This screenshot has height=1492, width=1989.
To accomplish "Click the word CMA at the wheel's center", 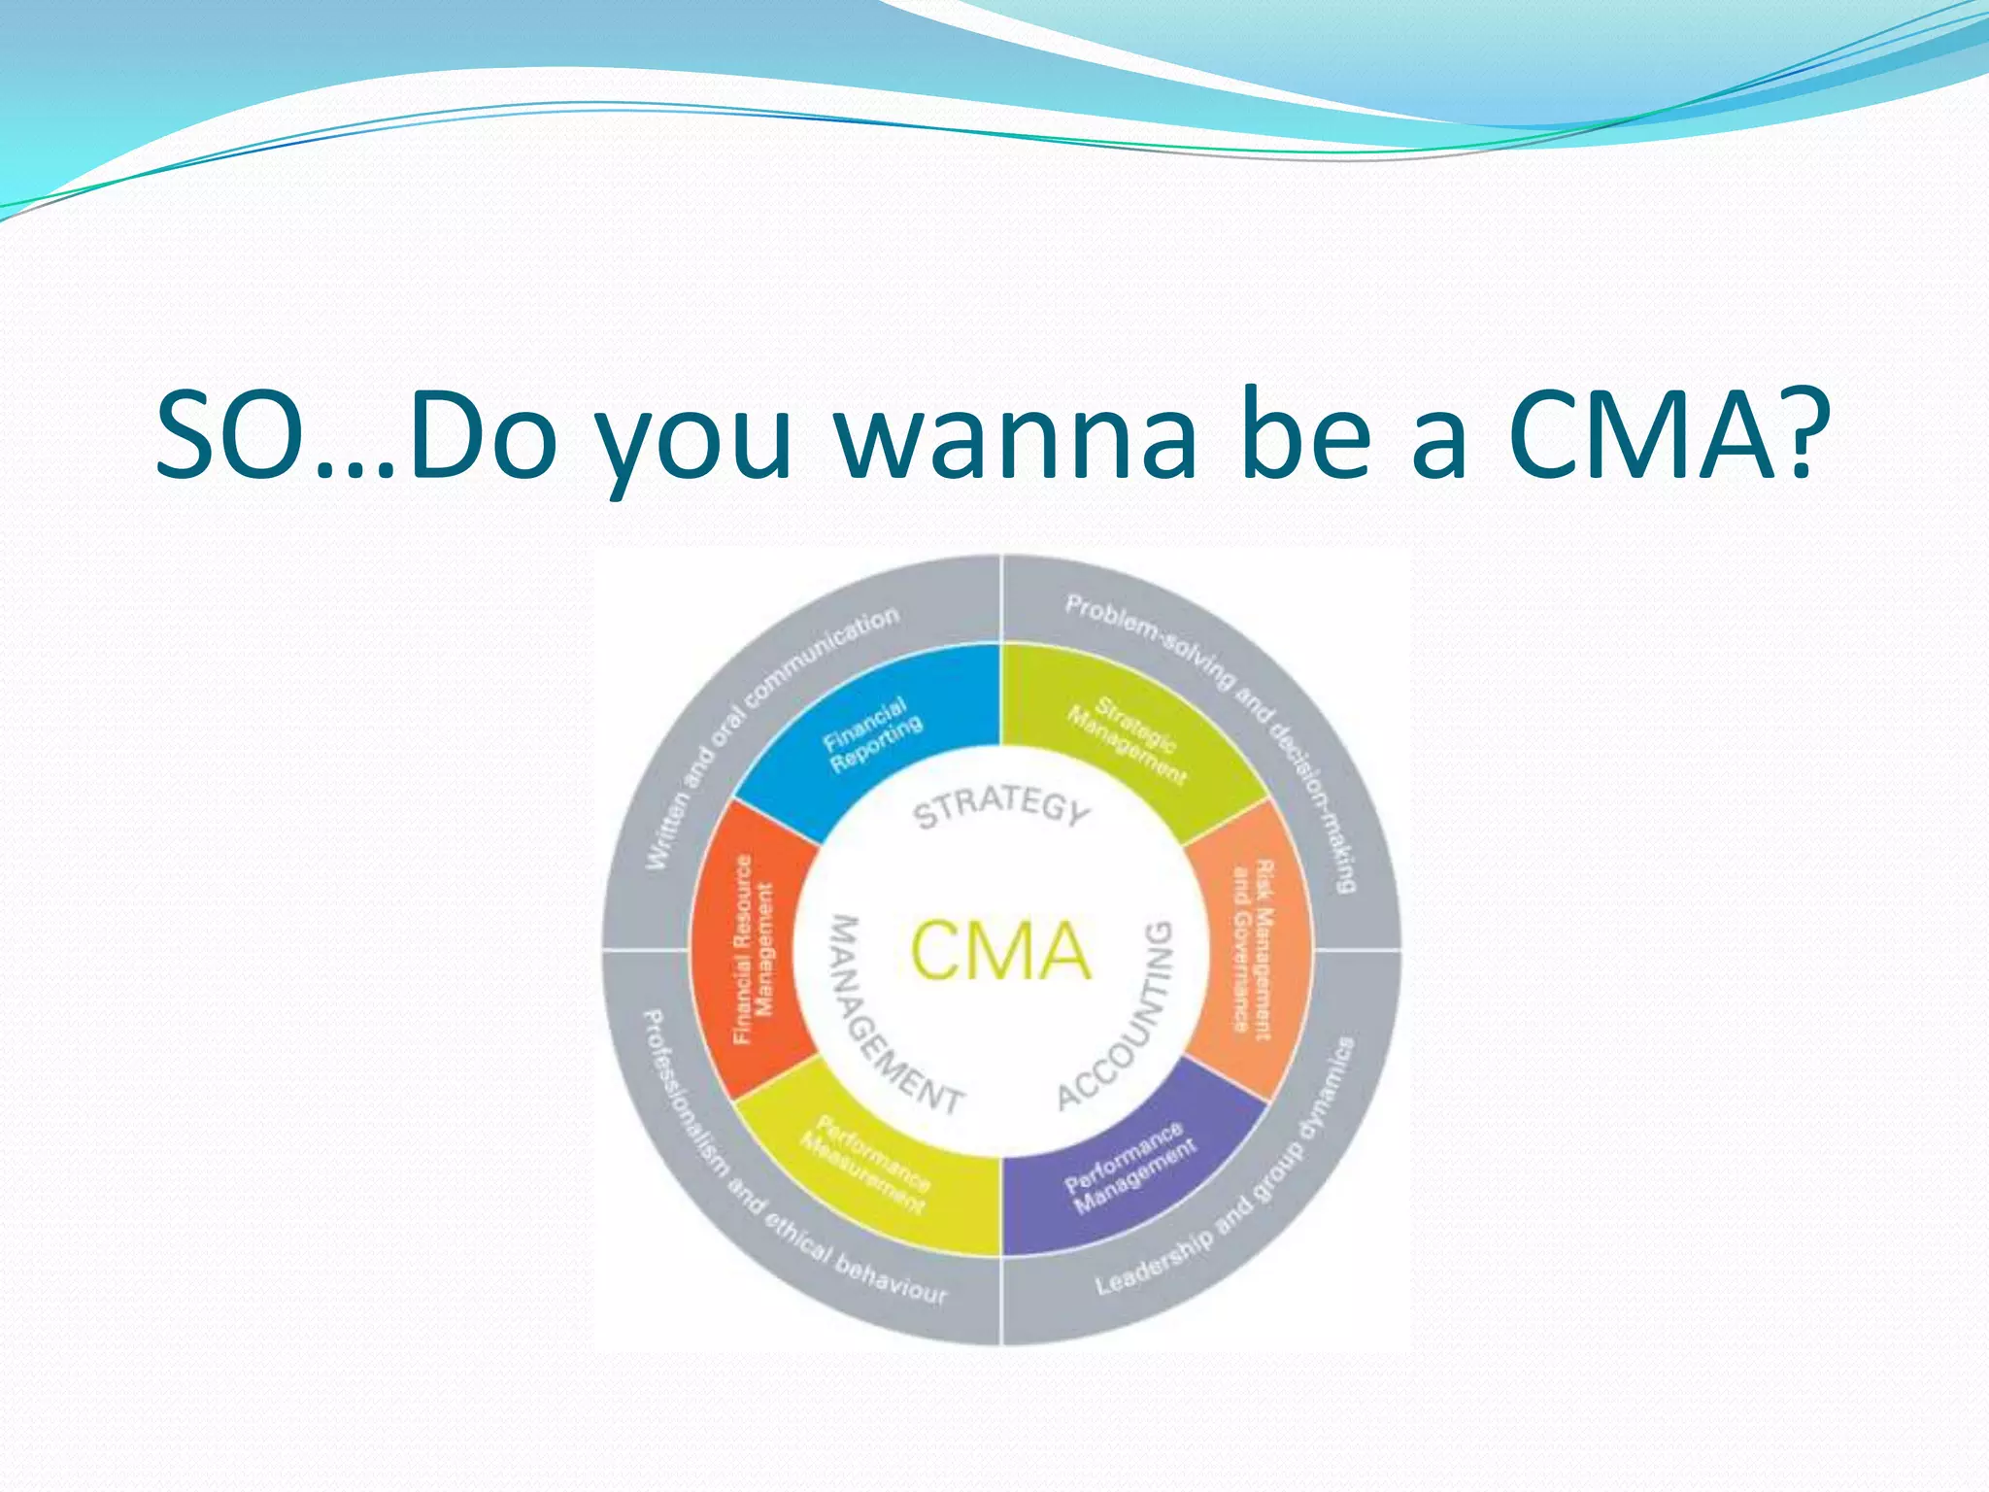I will coord(1000,950).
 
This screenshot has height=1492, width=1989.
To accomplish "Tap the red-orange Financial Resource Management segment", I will coord(754,949).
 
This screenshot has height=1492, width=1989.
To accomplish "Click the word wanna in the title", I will coord(1016,437).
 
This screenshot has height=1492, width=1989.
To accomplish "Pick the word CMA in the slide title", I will coord(1641,437).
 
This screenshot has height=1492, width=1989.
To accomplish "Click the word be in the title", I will coord(1302,437).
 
